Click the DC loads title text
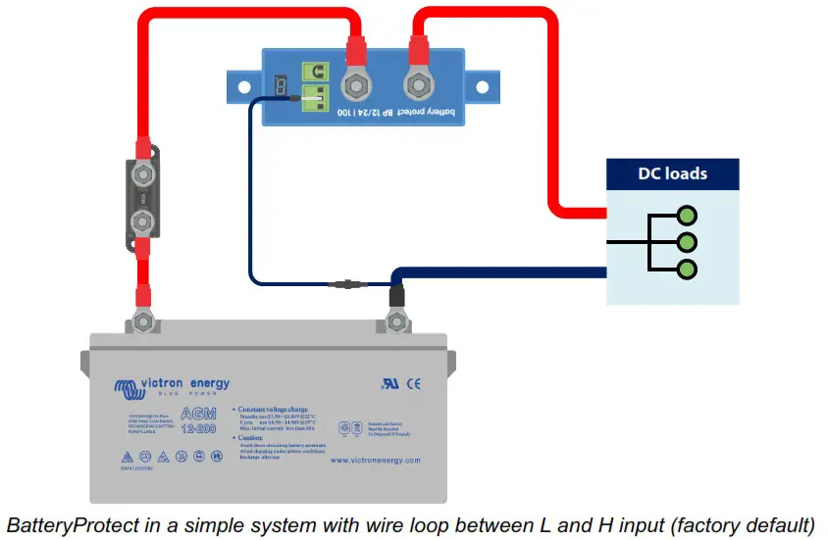[672, 174]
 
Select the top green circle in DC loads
[687, 215]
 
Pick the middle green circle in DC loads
[687, 241]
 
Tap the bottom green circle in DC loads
[687, 269]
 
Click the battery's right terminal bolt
[397, 319]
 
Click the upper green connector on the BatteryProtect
[315, 71]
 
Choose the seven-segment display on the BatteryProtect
[283, 86]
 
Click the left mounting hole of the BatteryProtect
[238, 86]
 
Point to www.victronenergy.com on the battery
[375, 460]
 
